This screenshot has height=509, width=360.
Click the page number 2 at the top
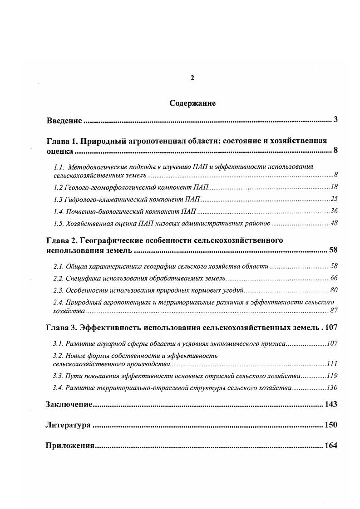click(x=192, y=78)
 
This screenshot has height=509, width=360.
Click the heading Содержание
click(x=192, y=103)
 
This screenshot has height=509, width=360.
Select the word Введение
click(x=64, y=121)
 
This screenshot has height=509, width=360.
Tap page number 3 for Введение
click(x=335, y=120)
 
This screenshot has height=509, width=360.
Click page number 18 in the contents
click(x=334, y=187)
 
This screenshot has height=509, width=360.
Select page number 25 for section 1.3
click(x=334, y=199)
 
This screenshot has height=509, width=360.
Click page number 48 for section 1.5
click(x=334, y=223)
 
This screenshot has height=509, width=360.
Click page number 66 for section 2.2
click(x=334, y=278)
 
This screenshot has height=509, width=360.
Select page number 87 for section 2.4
click(x=334, y=311)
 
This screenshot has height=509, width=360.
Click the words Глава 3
click(x=62, y=328)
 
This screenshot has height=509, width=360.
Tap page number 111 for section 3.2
click(x=332, y=364)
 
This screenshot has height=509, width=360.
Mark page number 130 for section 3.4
click(x=332, y=387)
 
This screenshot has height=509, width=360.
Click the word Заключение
click(x=69, y=404)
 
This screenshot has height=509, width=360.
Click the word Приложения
click(x=69, y=445)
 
